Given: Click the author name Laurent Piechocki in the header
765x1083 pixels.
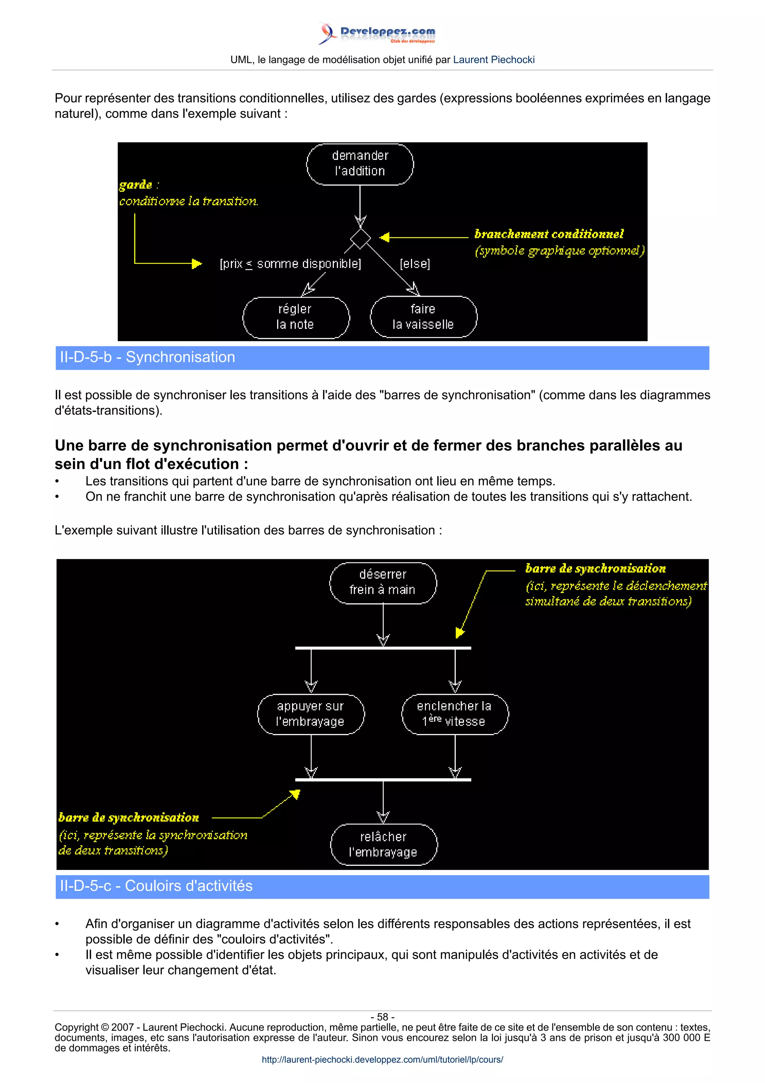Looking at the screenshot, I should point(493,60).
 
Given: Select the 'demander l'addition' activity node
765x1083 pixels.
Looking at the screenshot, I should point(360,164).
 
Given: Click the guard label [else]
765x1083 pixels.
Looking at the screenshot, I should point(415,264).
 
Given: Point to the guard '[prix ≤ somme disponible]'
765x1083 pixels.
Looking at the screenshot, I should point(290,264).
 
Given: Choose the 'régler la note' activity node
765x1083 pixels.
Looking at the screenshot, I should point(295,317).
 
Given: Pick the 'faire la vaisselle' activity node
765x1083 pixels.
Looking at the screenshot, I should point(423,317).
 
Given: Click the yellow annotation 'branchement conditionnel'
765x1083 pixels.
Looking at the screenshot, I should point(549,234).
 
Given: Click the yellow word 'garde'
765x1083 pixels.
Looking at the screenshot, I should point(136,185).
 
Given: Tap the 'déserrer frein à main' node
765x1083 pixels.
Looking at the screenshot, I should point(383,583).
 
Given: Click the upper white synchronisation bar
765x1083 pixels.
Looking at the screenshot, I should point(383,648).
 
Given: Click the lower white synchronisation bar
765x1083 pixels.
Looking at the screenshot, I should point(383,780).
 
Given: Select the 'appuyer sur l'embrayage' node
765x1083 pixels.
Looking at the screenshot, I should point(311,714).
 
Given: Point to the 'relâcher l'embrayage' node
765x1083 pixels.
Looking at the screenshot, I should point(383,844).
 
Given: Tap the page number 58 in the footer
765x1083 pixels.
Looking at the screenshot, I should point(382,1017).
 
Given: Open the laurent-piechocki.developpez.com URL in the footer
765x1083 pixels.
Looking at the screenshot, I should point(382,1059).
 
